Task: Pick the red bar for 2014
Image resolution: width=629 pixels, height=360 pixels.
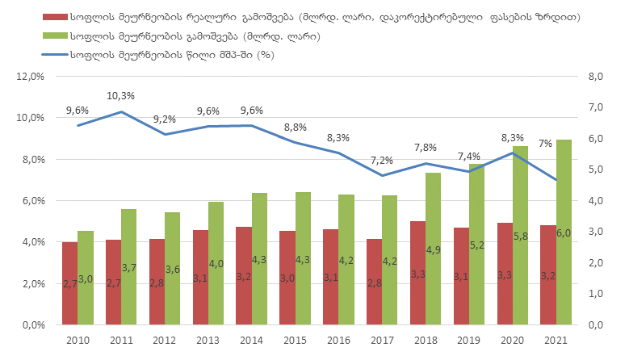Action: tap(243, 275)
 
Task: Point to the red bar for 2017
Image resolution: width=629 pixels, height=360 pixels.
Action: tap(374, 282)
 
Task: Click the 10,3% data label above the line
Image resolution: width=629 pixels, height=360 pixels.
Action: tap(121, 96)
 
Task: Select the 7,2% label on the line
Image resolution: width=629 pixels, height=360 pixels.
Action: tap(380, 161)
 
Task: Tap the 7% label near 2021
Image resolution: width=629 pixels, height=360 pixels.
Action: tap(546, 144)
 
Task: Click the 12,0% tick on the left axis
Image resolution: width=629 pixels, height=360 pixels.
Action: tap(29, 77)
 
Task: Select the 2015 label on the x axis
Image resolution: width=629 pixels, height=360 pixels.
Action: tap(296, 341)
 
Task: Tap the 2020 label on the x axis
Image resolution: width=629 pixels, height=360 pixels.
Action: tap(514, 341)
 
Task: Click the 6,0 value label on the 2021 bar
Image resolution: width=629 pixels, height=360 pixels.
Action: tap(564, 234)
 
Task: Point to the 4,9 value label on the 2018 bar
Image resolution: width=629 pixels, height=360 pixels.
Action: tap(434, 249)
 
